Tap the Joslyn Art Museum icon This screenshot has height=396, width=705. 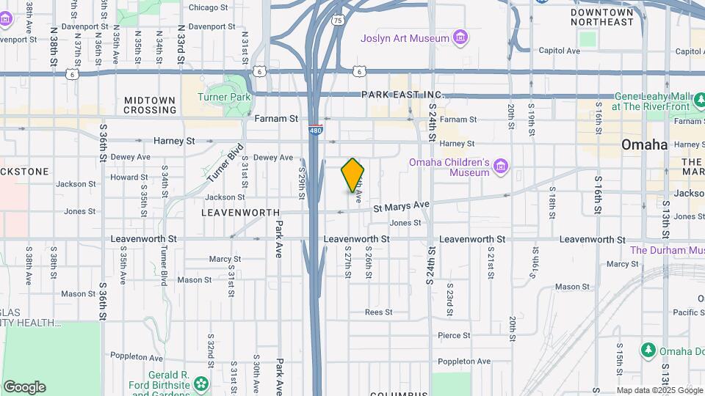tap(460, 37)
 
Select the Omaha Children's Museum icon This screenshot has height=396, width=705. tap(501, 167)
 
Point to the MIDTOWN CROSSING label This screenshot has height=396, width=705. tap(150, 105)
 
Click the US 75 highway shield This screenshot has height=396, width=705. tap(337, 20)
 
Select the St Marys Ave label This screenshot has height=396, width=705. tap(400, 208)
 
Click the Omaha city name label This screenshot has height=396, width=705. tap(644, 144)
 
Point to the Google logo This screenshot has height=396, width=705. tap(24, 387)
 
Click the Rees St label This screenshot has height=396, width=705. tap(379, 312)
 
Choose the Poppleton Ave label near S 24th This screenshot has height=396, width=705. tap(463, 362)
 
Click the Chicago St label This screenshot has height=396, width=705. tap(208, 7)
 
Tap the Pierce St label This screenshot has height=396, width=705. tap(454, 335)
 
